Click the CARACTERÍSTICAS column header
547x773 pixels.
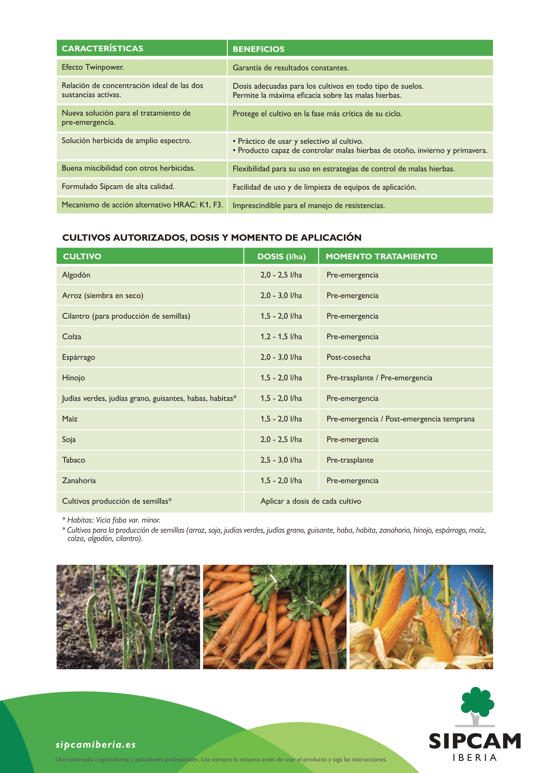point(103,49)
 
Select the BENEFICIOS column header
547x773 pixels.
point(258,49)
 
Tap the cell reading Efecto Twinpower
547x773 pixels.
point(93,67)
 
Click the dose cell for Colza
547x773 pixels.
point(281,337)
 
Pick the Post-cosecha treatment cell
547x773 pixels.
point(348,357)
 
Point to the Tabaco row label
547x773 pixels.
point(73,460)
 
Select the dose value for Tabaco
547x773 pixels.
point(281,460)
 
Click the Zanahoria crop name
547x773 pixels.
point(79,481)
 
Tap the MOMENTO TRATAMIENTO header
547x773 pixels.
point(381,256)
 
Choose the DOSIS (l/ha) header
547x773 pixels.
point(281,256)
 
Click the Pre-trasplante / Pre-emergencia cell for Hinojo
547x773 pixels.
point(379,378)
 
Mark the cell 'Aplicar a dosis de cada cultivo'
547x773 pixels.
point(311,501)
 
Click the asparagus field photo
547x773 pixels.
point(128,617)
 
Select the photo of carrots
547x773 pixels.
point(274,617)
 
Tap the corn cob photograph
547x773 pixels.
point(421,617)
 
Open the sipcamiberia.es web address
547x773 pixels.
point(96,744)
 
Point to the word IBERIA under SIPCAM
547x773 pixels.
point(475,758)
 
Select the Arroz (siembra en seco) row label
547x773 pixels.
point(103,295)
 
